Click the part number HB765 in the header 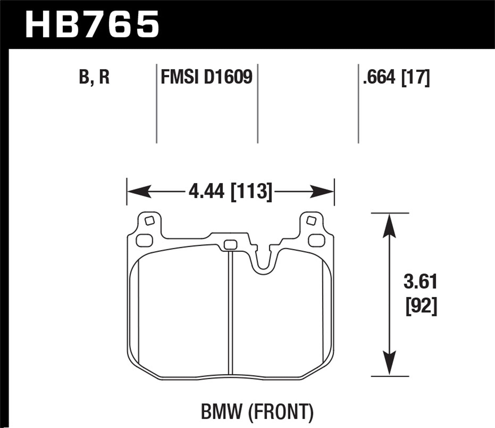click(92, 24)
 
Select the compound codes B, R click(94, 77)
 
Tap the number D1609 click(228, 77)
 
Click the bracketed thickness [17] click(415, 78)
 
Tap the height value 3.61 click(420, 283)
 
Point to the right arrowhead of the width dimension click(322, 192)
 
